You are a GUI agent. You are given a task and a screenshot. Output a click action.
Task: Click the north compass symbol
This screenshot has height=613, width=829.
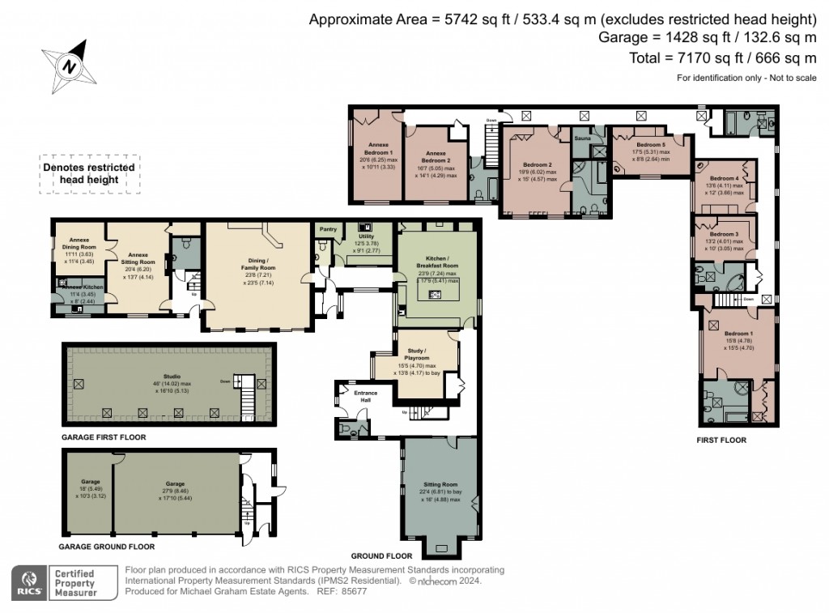click(x=68, y=68)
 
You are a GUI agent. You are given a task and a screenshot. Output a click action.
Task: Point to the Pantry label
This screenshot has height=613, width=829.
click(x=327, y=229)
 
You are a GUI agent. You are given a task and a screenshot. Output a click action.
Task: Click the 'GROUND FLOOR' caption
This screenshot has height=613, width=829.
click(x=381, y=556)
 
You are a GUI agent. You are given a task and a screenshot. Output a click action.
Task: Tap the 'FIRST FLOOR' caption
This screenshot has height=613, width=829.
click(x=721, y=441)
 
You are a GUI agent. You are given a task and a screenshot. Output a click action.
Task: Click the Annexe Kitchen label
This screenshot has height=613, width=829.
click(x=83, y=287)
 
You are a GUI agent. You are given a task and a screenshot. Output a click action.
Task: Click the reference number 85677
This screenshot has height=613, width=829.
click(x=355, y=591)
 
